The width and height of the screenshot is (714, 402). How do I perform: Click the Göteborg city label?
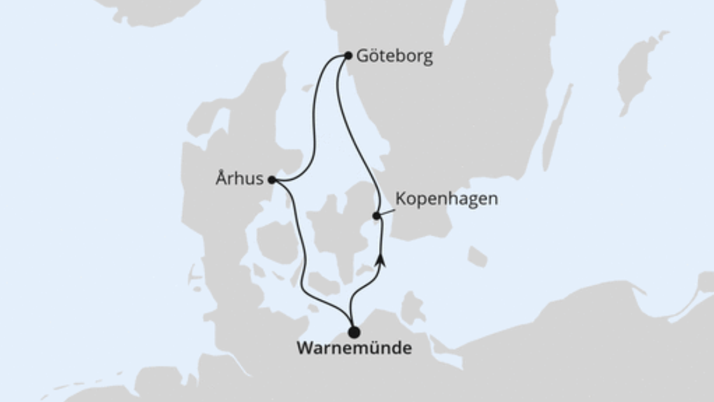pyautogui.click(x=394, y=57)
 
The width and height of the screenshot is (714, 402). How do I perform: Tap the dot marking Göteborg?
pyautogui.click(x=348, y=55)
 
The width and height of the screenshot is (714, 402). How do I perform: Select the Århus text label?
pyautogui.click(x=239, y=179)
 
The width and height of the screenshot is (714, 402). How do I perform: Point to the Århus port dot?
pyautogui.click(x=272, y=180)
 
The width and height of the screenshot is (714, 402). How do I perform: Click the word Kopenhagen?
pyautogui.click(x=446, y=199)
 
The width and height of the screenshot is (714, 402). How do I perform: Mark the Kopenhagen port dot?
pyautogui.click(x=376, y=215)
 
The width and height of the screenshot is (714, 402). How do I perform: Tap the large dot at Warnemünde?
pyautogui.click(x=353, y=332)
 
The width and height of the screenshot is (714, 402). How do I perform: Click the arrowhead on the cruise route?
pyautogui.click(x=381, y=259)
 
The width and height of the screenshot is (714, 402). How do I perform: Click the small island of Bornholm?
pyautogui.click(x=477, y=256)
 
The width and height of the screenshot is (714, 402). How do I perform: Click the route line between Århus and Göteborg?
pyautogui.click(x=314, y=127)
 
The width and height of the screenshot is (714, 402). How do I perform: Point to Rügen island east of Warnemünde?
pyautogui.click(x=413, y=306)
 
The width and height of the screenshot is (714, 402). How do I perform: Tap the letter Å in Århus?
pyautogui.click(x=220, y=178)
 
